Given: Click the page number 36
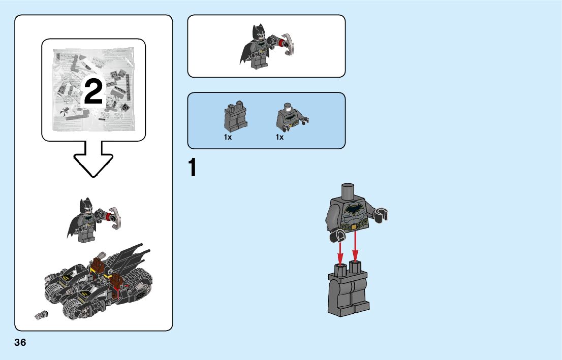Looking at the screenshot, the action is coord(20,343).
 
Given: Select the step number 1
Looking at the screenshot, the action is coord(192,169).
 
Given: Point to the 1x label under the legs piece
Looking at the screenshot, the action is coord(228,137).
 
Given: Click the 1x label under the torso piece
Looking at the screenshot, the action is coord(279,137).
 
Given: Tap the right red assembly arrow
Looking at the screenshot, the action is coord(355,246).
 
